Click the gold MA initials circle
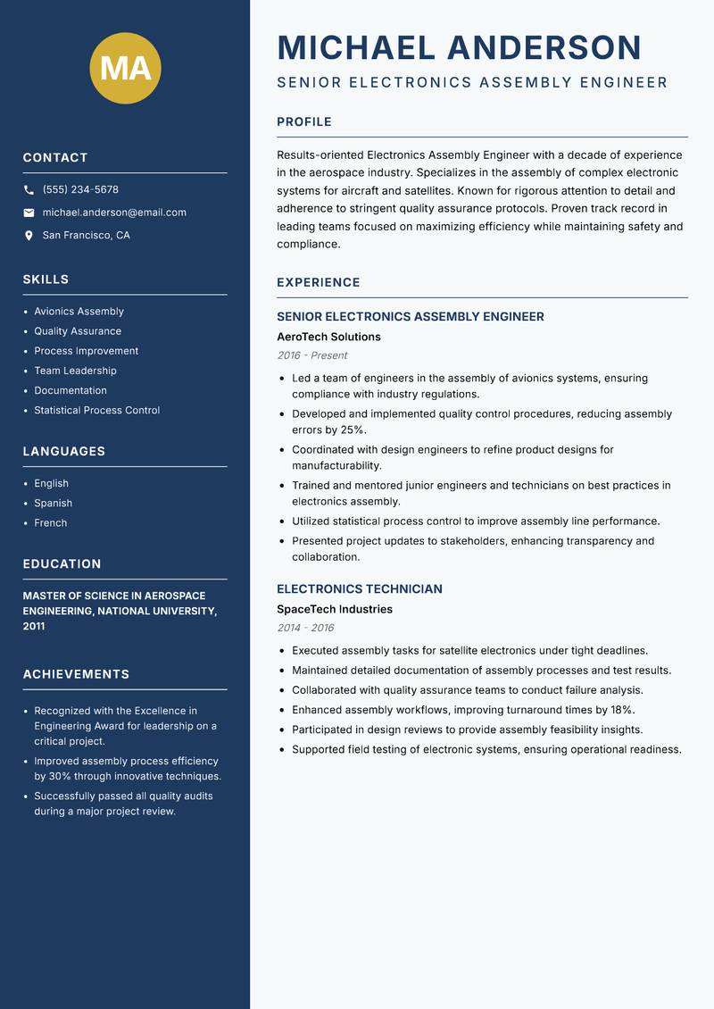pyautogui.click(x=125, y=69)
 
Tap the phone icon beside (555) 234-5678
pyautogui.click(x=29, y=190)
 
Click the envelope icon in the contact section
pyautogui.click(x=29, y=213)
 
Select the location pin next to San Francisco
pyautogui.click(x=29, y=236)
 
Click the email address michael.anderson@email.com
pyautogui.click(x=114, y=213)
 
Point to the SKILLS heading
pyautogui.click(x=46, y=279)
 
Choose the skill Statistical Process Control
pyautogui.click(x=96, y=411)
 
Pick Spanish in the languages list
pyautogui.click(x=53, y=504)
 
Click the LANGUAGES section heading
pyautogui.click(x=63, y=452)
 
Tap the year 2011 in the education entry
pyautogui.click(x=34, y=627)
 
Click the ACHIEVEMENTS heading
pyautogui.click(x=76, y=674)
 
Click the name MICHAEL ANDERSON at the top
pyautogui.click(x=459, y=47)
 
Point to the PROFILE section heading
pyautogui.click(x=303, y=122)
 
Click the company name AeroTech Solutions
pyautogui.click(x=328, y=338)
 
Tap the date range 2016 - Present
pyautogui.click(x=311, y=355)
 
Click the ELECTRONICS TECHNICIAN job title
pyautogui.click(x=359, y=589)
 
